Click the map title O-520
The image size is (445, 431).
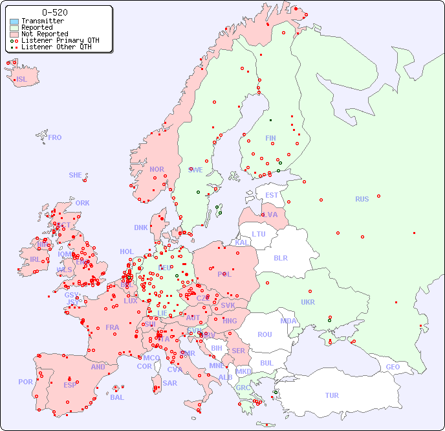[54, 12]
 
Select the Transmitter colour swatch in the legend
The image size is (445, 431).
[14, 21]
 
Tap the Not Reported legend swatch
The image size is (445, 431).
[14, 34]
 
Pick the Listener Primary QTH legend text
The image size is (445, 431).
[60, 40]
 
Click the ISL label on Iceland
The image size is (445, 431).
[22, 80]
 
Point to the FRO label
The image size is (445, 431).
[55, 137]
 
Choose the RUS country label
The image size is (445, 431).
[362, 199]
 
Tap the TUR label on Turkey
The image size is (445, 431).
[332, 395]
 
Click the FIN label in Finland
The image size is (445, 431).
[270, 138]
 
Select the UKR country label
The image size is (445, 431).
[308, 302]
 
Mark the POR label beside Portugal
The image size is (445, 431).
[25, 382]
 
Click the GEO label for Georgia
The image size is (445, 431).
[393, 367]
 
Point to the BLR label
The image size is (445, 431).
[280, 257]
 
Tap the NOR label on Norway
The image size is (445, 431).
[157, 169]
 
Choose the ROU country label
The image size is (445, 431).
[265, 334]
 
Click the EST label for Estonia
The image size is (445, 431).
[272, 195]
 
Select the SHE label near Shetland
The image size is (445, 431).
[76, 175]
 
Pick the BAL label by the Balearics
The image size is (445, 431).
[116, 397]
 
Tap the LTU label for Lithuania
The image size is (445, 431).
[259, 234]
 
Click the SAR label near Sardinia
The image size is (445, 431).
[170, 382]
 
